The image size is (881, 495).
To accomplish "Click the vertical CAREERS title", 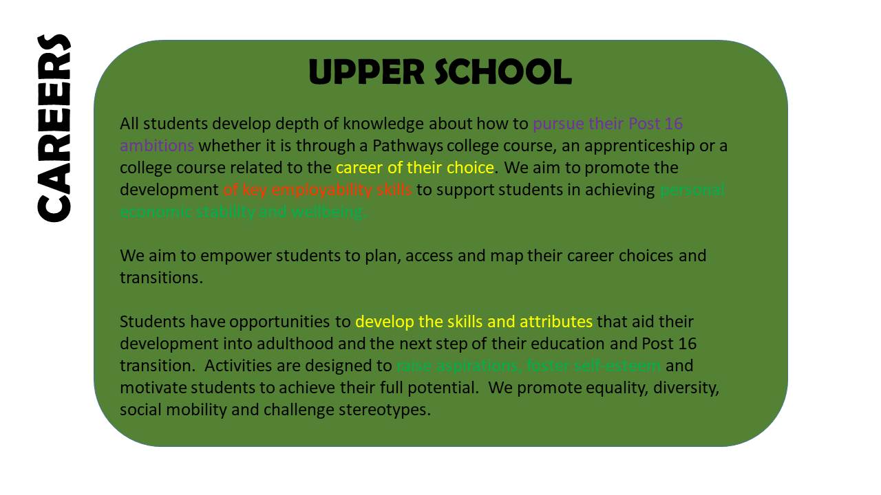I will (54, 128).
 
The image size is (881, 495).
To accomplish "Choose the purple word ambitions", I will (157, 146).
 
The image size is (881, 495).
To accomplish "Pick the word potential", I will (441, 388).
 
